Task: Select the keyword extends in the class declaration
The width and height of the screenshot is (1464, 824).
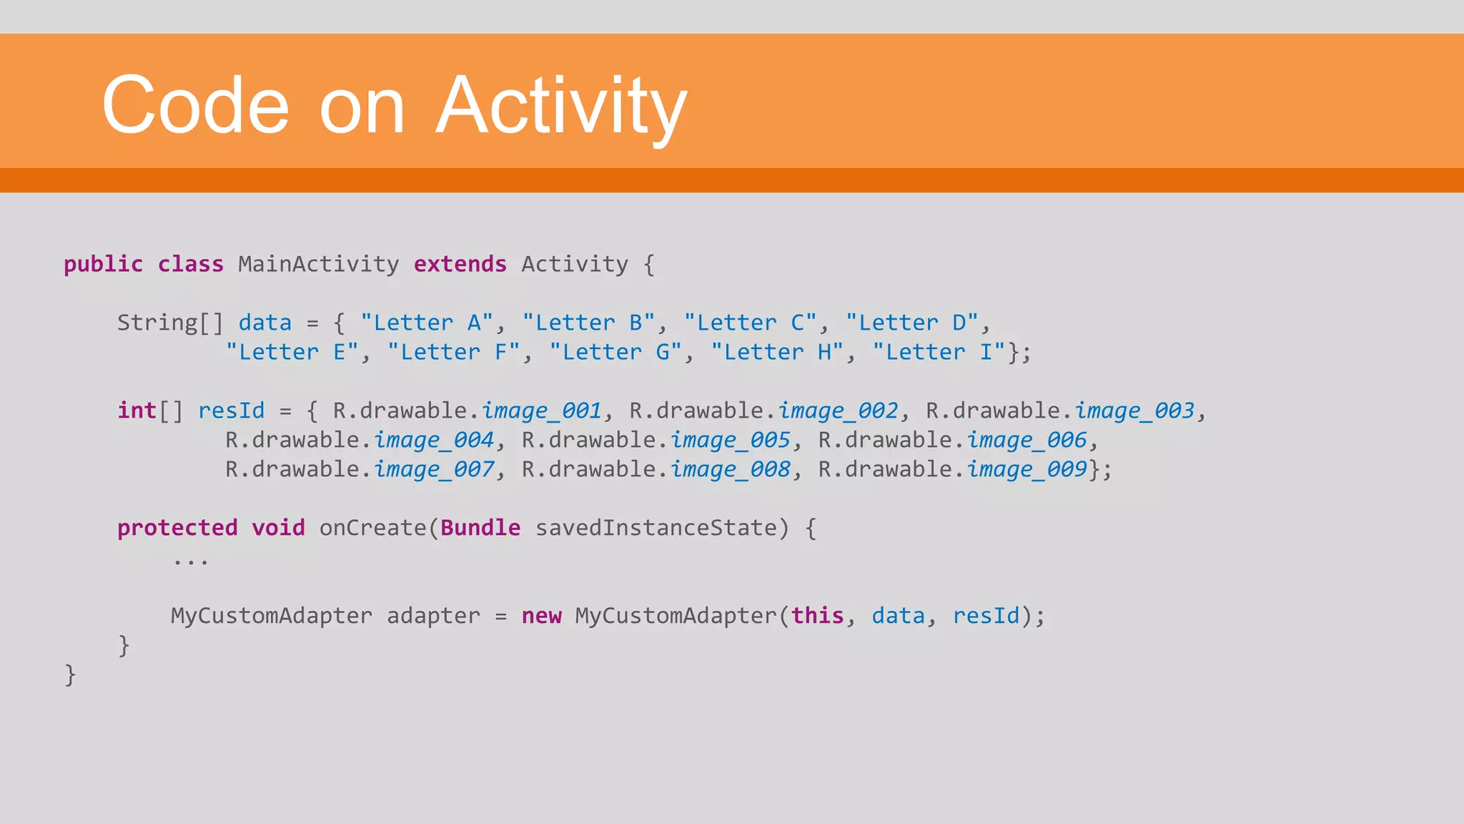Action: point(460,265)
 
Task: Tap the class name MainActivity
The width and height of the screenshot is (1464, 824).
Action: point(318,265)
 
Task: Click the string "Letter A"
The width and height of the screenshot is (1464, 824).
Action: point(427,323)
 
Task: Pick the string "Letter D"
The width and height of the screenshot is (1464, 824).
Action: point(911,323)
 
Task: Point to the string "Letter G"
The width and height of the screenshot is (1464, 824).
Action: point(615,352)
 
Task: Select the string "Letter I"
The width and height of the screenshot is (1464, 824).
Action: point(939,352)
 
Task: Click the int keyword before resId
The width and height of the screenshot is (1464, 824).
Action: point(137,411)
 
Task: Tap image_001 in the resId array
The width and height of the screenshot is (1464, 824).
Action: point(541,411)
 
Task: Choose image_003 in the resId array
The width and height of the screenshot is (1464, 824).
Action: point(1134,411)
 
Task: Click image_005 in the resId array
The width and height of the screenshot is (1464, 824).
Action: point(730,440)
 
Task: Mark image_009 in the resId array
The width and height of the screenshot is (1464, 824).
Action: point(1027,469)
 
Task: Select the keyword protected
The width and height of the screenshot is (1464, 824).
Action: point(177,528)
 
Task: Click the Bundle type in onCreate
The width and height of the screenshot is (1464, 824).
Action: point(480,528)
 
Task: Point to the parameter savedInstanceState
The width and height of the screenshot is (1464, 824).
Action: point(656,528)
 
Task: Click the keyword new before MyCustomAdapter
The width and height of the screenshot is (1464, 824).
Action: point(541,616)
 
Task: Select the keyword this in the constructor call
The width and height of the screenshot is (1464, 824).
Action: point(817,616)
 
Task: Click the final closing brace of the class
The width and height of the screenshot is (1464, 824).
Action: point(70,675)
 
